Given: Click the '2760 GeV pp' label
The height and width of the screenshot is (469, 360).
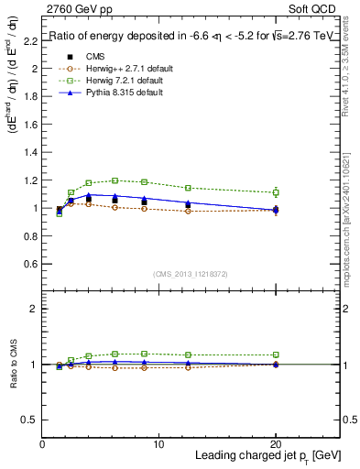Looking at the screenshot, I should [75, 8].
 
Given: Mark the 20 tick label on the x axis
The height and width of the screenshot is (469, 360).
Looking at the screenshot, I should [276, 444].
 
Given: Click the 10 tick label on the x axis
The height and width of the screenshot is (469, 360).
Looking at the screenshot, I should [158, 444].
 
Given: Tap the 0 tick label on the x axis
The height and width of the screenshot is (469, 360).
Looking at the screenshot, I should [42, 444].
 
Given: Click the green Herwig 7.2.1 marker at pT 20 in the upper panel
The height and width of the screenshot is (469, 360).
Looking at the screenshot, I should [276, 192].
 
